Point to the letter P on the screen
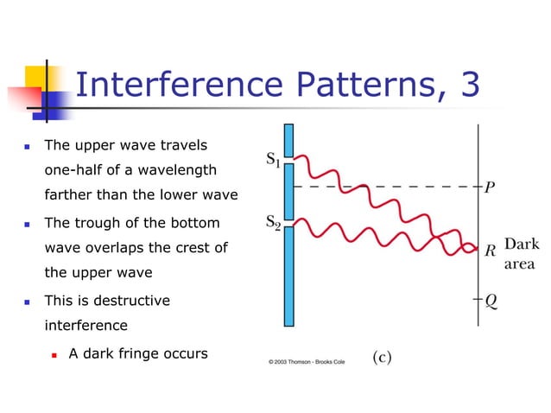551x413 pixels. (490, 187)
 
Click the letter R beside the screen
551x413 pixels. (490, 251)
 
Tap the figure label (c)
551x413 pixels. (382, 357)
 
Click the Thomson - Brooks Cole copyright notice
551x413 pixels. (307, 361)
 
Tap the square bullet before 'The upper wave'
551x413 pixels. (28, 145)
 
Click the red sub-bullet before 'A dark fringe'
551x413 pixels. (54, 354)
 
